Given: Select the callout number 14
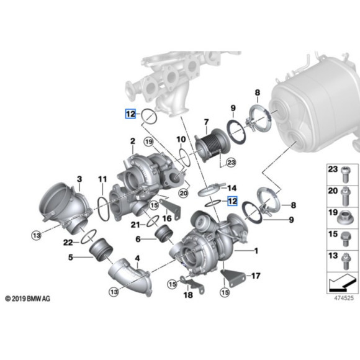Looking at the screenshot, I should (x=232, y=187).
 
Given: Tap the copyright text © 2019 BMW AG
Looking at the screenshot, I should (x=27, y=299).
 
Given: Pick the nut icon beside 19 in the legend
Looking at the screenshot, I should (x=345, y=217).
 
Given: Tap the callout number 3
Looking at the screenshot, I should (x=79, y=179).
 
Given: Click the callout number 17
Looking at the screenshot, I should (x=254, y=276).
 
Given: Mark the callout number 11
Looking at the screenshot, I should (x=102, y=179).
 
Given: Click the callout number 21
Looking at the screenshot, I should (x=134, y=224).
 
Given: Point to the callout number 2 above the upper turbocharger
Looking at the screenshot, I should (x=132, y=142).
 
